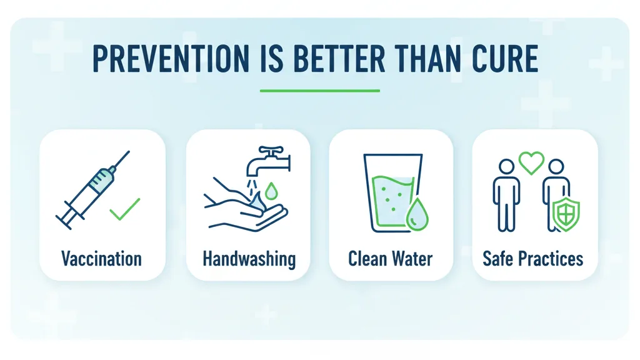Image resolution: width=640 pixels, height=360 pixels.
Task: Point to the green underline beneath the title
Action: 319,91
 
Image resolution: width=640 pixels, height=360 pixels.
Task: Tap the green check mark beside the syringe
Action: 124,209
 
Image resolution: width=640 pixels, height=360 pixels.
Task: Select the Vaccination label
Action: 101,259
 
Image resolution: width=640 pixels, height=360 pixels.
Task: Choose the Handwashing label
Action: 249,259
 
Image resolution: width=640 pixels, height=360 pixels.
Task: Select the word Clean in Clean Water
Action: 368,259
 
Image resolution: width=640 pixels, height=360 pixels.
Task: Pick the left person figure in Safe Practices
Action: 506,194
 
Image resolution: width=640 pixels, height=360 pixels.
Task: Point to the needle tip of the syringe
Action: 127,153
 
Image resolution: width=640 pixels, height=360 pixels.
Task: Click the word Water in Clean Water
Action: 411,259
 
